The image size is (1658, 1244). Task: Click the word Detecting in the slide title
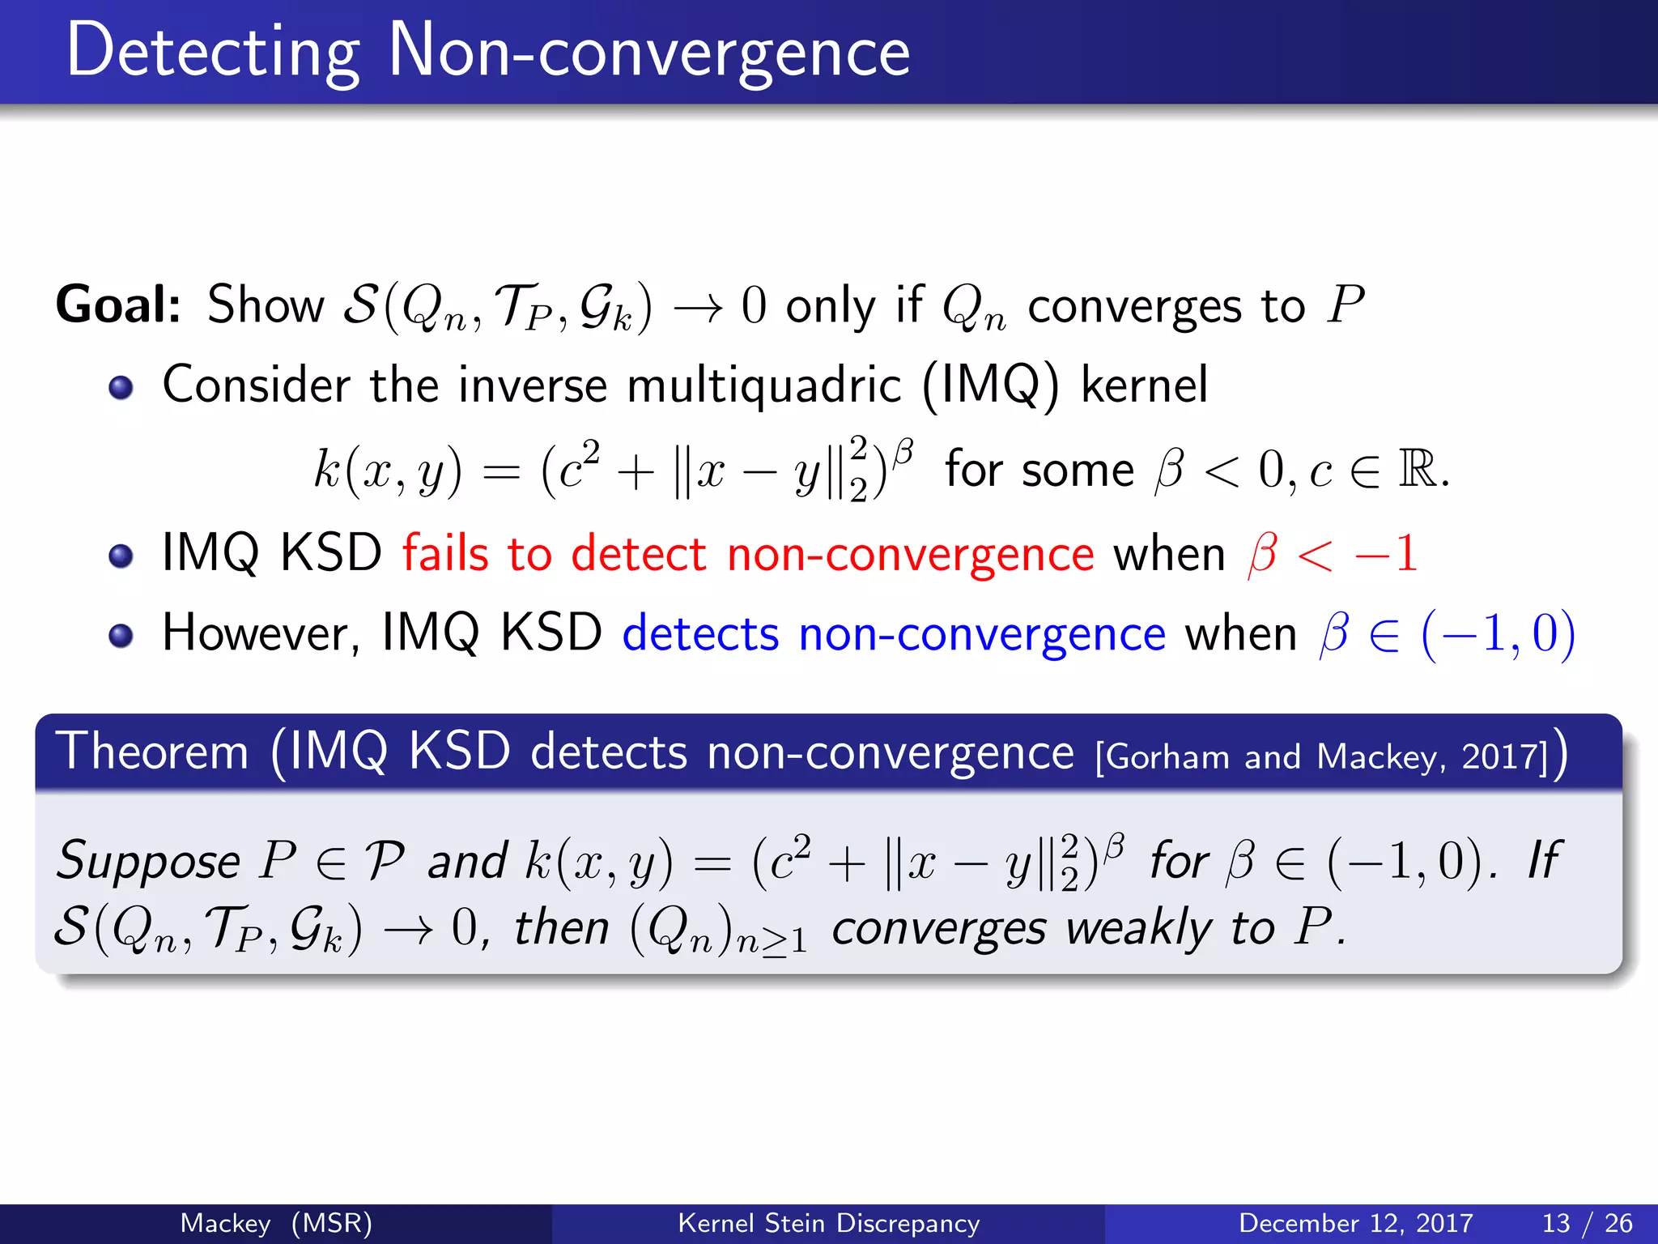(212, 53)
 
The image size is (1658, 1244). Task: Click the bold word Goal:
(118, 305)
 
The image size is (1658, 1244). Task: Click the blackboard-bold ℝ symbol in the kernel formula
(1418, 469)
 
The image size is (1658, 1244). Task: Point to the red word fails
(445, 554)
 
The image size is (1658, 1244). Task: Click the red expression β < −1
(1333, 554)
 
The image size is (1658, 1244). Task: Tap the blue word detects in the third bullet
(700, 633)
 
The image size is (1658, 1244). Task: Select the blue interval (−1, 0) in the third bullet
(1498, 633)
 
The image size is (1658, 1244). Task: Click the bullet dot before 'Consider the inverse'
(121, 388)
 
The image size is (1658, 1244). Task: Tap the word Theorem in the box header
(152, 752)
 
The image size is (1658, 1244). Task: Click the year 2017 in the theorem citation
(1503, 757)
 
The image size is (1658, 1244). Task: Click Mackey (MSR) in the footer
(276, 1223)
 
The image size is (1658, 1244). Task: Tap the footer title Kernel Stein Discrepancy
(828, 1223)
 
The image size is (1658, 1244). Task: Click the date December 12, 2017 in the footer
(1355, 1223)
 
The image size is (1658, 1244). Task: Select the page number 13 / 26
(1587, 1223)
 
